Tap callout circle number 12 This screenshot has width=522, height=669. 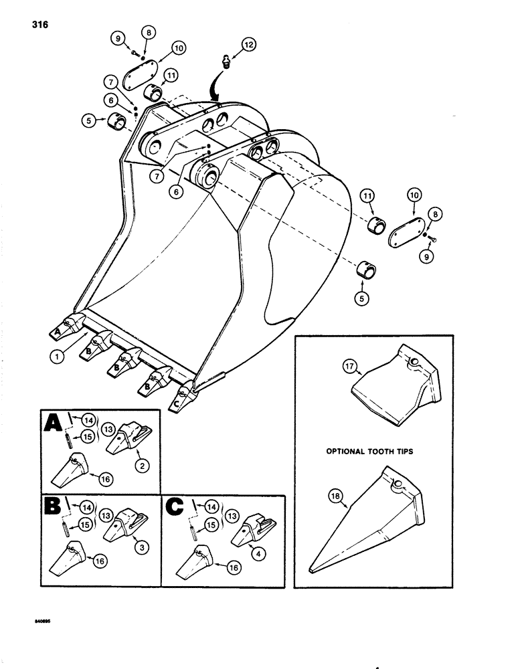point(248,45)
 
